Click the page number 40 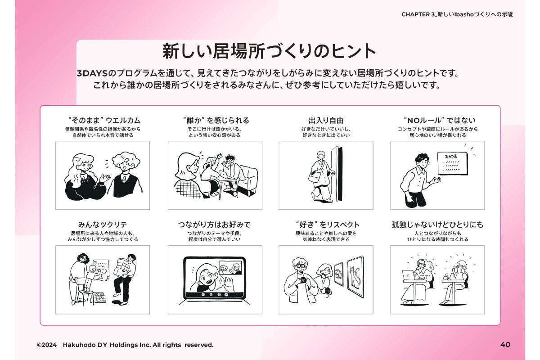[505, 345]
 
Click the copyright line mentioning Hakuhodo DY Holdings [125, 345]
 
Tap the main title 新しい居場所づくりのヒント [269, 51]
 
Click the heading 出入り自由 [326, 120]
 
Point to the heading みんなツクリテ [103, 225]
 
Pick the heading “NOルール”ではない [440, 120]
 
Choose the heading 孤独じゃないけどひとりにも [437, 225]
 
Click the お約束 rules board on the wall [453, 163]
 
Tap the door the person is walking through [337, 174]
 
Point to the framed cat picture [355, 276]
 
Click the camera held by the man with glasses [303, 280]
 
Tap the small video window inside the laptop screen [230, 268]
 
